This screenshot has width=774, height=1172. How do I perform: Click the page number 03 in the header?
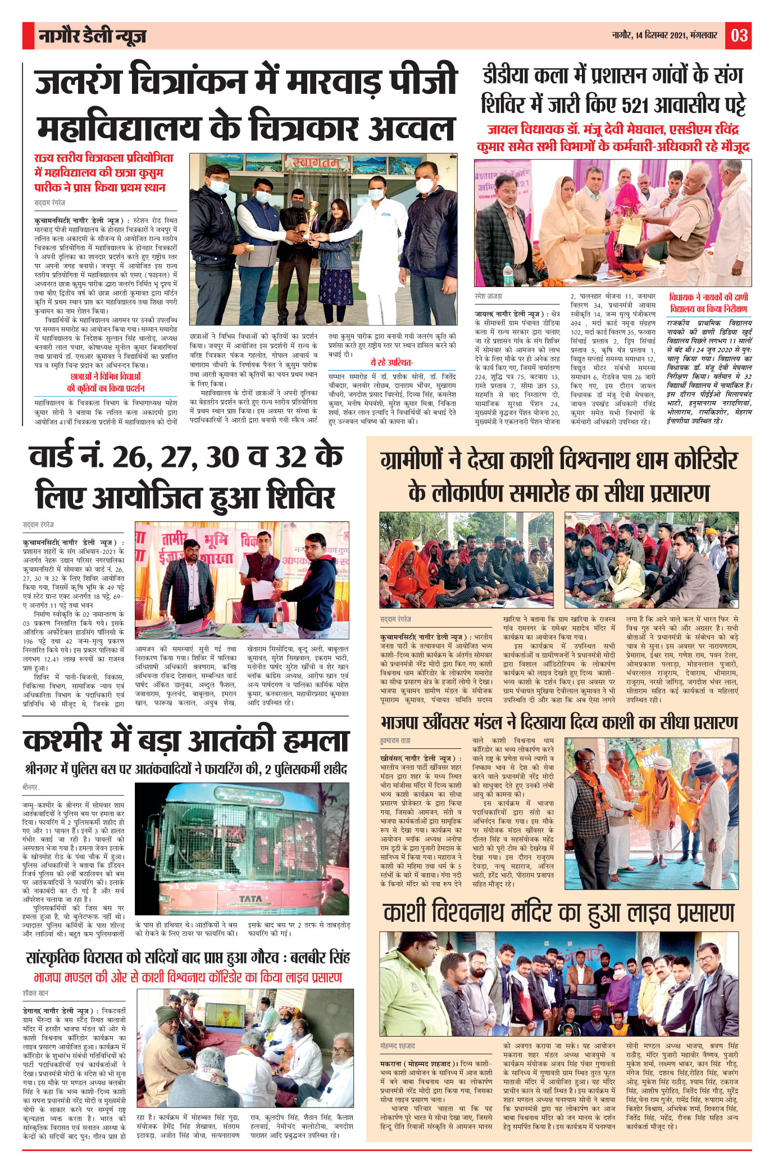(x=739, y=35)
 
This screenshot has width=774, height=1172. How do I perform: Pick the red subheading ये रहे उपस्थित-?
(x=391, y=362)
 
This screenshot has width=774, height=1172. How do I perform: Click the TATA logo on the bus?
(x=251, y=898)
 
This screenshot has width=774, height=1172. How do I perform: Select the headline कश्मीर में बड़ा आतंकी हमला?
(x=186, y=741)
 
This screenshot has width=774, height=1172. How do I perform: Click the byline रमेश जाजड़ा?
(x=488, y=296)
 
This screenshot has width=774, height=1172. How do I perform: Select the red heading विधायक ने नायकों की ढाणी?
(x=708, y=297)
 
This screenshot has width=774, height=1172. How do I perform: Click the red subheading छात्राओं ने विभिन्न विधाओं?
(x=106, y=376)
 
